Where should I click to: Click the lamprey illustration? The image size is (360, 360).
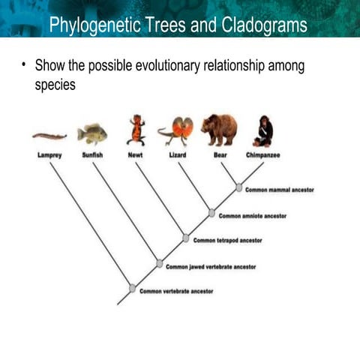point(49,136)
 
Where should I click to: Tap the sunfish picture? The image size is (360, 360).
point(92,133)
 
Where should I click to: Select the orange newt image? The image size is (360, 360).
point(136,130)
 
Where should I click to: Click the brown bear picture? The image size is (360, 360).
point(219,129)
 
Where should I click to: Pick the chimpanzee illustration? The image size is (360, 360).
point(263,130)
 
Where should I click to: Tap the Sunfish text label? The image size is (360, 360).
point(92,155)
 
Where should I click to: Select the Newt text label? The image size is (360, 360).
point(136,155)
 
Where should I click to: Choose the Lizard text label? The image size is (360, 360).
point(178,155)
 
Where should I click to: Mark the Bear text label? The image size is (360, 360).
point(220,155)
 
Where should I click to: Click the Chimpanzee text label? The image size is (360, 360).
point(262,155)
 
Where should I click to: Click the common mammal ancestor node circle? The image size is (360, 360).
point(238,188)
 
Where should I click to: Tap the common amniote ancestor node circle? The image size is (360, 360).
point(211,213)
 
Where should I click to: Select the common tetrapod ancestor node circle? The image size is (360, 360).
point(186,238)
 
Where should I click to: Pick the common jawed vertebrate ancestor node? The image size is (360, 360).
point(159,263)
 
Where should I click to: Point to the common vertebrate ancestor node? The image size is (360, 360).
point(133,288)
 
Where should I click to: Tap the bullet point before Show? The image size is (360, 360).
point(25,66)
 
